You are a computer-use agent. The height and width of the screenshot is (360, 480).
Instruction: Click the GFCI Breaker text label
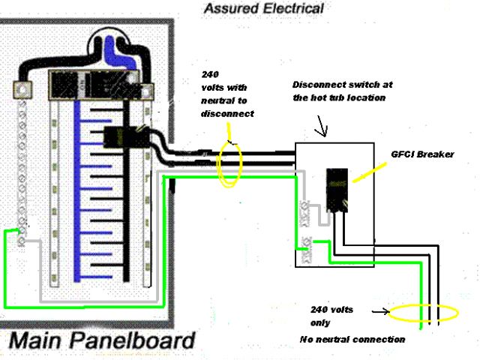[x=422, y=154]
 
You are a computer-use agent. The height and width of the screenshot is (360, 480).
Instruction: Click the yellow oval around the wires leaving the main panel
[x=229, y=160]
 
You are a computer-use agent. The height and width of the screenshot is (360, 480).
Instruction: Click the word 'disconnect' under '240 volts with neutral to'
[x=227, y=114]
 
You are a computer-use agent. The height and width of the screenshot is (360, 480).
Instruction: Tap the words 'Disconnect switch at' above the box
[x=342, y=85]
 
